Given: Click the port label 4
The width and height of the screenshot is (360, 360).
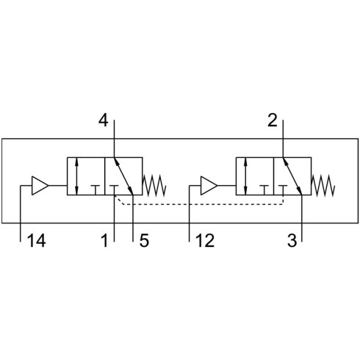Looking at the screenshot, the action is coord(103,120).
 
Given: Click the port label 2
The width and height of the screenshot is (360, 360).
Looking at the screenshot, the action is coord(273,120).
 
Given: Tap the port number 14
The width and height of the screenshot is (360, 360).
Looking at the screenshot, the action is coord(37,240).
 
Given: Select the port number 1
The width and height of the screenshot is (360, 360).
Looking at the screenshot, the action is coord(104,240).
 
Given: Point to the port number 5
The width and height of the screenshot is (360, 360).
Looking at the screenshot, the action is coord(144,240).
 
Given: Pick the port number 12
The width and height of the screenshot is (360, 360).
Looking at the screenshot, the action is coord(205,240).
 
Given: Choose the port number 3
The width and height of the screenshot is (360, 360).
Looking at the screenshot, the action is coord(292,240).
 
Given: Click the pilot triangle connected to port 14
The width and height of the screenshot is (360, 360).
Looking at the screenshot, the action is coord(40,186).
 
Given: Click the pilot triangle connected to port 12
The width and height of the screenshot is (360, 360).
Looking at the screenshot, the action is coord(209,186).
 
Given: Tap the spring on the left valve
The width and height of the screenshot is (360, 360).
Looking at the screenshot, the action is coord(154,186).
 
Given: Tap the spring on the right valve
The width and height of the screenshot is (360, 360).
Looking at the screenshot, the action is coord(323,186).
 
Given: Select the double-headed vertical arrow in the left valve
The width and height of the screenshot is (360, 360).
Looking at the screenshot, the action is coord(77,176).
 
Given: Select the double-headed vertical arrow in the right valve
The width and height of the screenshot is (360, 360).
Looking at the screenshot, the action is coord(245,176).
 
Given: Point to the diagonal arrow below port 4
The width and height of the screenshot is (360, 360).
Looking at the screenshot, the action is coord(123,176).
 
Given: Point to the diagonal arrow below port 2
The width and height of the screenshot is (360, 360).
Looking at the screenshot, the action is coord(292,176).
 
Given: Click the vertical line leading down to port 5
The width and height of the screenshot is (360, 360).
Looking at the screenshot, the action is coord(133,218).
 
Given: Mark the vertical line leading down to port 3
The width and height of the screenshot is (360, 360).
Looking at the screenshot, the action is coord(302,218).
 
